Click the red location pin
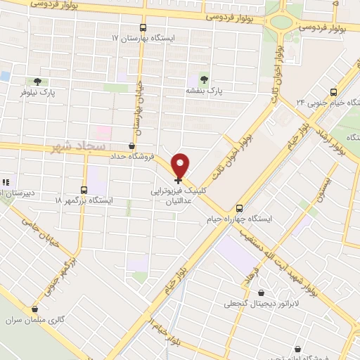181,164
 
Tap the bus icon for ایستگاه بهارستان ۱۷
143,27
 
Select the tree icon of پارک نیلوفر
37,81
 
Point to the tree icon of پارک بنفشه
205,79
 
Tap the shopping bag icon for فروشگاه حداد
131,146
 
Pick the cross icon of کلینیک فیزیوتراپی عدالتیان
178,180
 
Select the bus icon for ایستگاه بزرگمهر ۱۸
84,190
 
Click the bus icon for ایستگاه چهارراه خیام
240,207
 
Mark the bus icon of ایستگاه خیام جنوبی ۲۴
333,91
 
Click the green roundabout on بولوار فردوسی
281,20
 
